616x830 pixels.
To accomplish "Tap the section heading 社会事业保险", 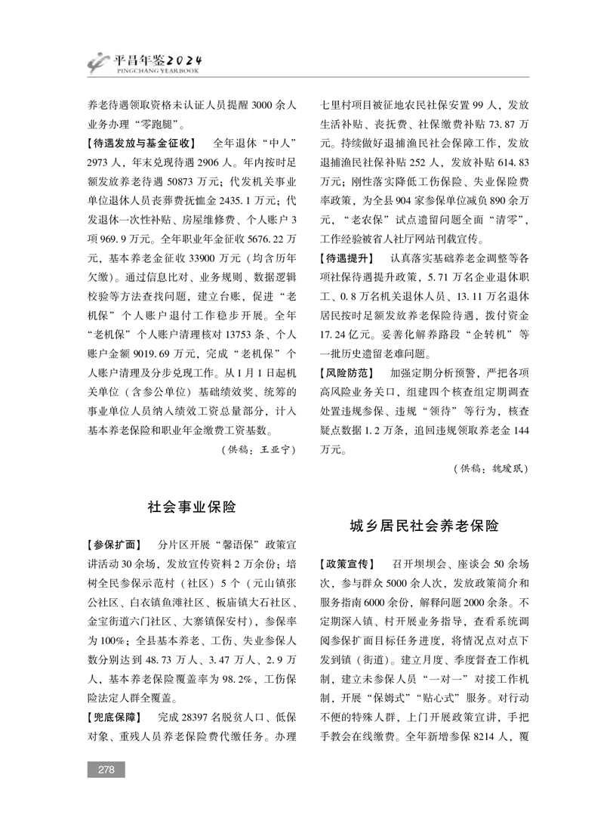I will tap(192, 507).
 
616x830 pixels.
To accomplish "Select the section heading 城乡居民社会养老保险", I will tap(424, 526).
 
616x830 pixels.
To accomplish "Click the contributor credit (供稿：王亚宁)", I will tap(257, 449).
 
